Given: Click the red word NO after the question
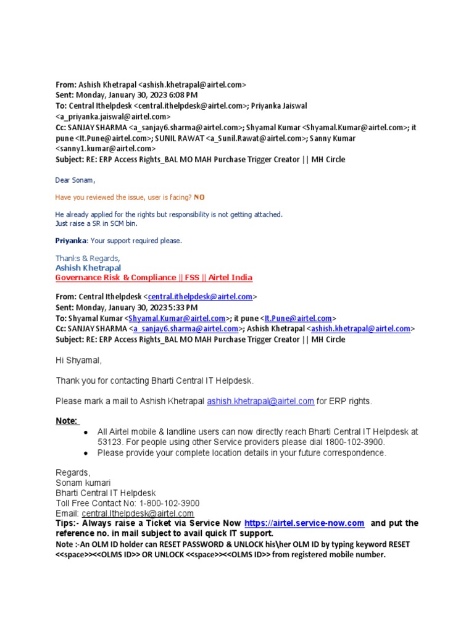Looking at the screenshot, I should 199,197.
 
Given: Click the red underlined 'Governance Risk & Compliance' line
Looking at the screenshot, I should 154,278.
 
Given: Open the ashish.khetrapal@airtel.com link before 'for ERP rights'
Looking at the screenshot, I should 260,401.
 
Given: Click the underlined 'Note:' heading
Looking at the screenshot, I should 67,421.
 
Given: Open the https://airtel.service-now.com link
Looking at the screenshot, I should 304,523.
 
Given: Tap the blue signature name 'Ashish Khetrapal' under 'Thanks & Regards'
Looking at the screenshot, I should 88,268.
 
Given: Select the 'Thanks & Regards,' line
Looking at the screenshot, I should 88,258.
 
